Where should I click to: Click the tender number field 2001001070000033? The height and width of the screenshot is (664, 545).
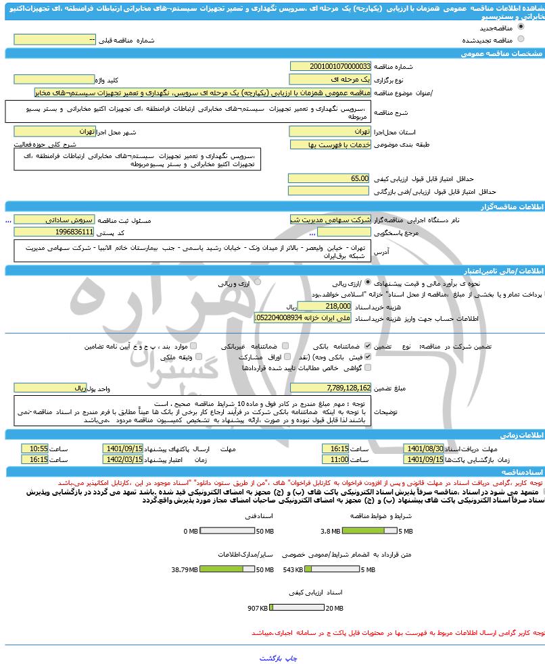click(x=330, y=66)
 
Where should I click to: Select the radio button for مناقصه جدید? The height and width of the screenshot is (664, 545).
click(x=520, y=27)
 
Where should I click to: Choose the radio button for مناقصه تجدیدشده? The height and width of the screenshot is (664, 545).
click(x=520, y=39)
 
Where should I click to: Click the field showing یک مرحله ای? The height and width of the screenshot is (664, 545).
click(x=330, y=79)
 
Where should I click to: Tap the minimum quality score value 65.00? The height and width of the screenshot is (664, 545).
click(x=330, y=178)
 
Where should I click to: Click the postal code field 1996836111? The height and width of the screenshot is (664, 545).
click(x=54, y=232)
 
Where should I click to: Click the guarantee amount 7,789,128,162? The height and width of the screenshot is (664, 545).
click(x=330, y=388)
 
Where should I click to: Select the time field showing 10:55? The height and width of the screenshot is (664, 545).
click(x=34, y=449)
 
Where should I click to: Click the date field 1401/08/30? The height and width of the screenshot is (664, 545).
click(x=424, y=449)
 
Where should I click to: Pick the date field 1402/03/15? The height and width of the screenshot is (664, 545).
click(x=123, y=459)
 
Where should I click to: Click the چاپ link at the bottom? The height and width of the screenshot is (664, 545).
click(x=289, y=657)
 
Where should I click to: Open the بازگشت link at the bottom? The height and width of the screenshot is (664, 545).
click(x=270, y=657)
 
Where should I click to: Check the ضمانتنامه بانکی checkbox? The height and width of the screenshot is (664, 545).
click(x=368, y=345)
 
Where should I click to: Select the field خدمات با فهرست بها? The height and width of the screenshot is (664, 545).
click(x=330, y=145)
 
